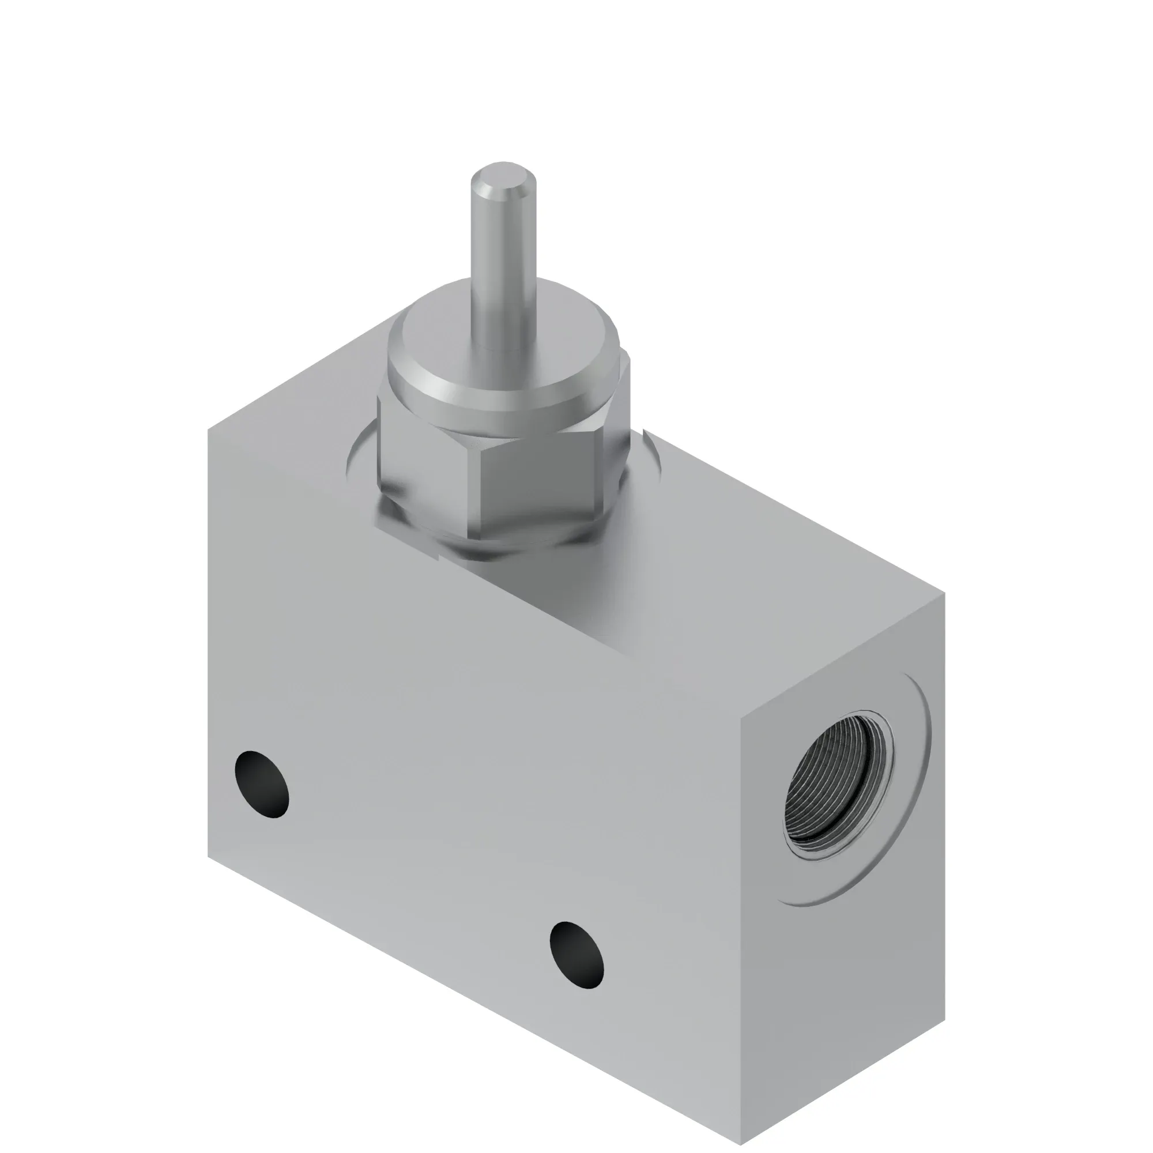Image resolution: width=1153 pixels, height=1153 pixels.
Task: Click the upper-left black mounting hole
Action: pyautogui.click(x=262, y=783)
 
